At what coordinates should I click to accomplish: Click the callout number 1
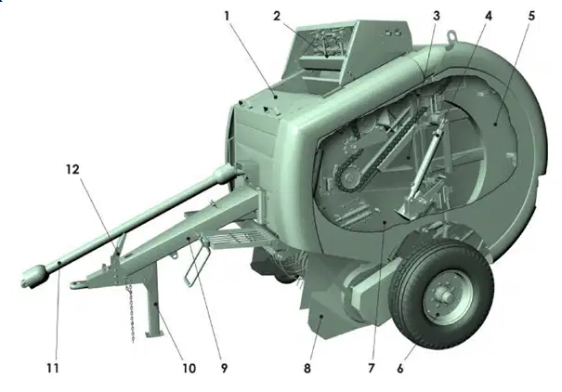(x=227, y=16)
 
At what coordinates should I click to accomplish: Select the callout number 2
(x=276, y=16)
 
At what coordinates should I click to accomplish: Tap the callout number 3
(x=437, y=16)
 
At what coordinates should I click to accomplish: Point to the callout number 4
(x=489, y=16)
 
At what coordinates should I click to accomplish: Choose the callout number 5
(x=531, y=16)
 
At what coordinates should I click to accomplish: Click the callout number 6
(x=400, y=368)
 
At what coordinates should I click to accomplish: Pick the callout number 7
(x=371, y=368)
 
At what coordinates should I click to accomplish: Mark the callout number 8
(x=307, y=368)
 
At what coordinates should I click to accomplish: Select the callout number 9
(x=224, y=368)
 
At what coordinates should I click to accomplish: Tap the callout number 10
(x=189, y=368)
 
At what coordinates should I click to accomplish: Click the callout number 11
(x=53, y=368)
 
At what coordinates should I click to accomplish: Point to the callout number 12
(x=72, y=169)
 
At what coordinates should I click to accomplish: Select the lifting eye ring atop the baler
(x=452, y=37)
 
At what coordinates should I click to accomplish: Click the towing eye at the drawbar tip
(x=75, y=285)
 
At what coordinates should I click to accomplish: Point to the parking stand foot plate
(x=154, y=334)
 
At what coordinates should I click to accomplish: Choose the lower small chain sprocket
(x=347, y=176)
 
